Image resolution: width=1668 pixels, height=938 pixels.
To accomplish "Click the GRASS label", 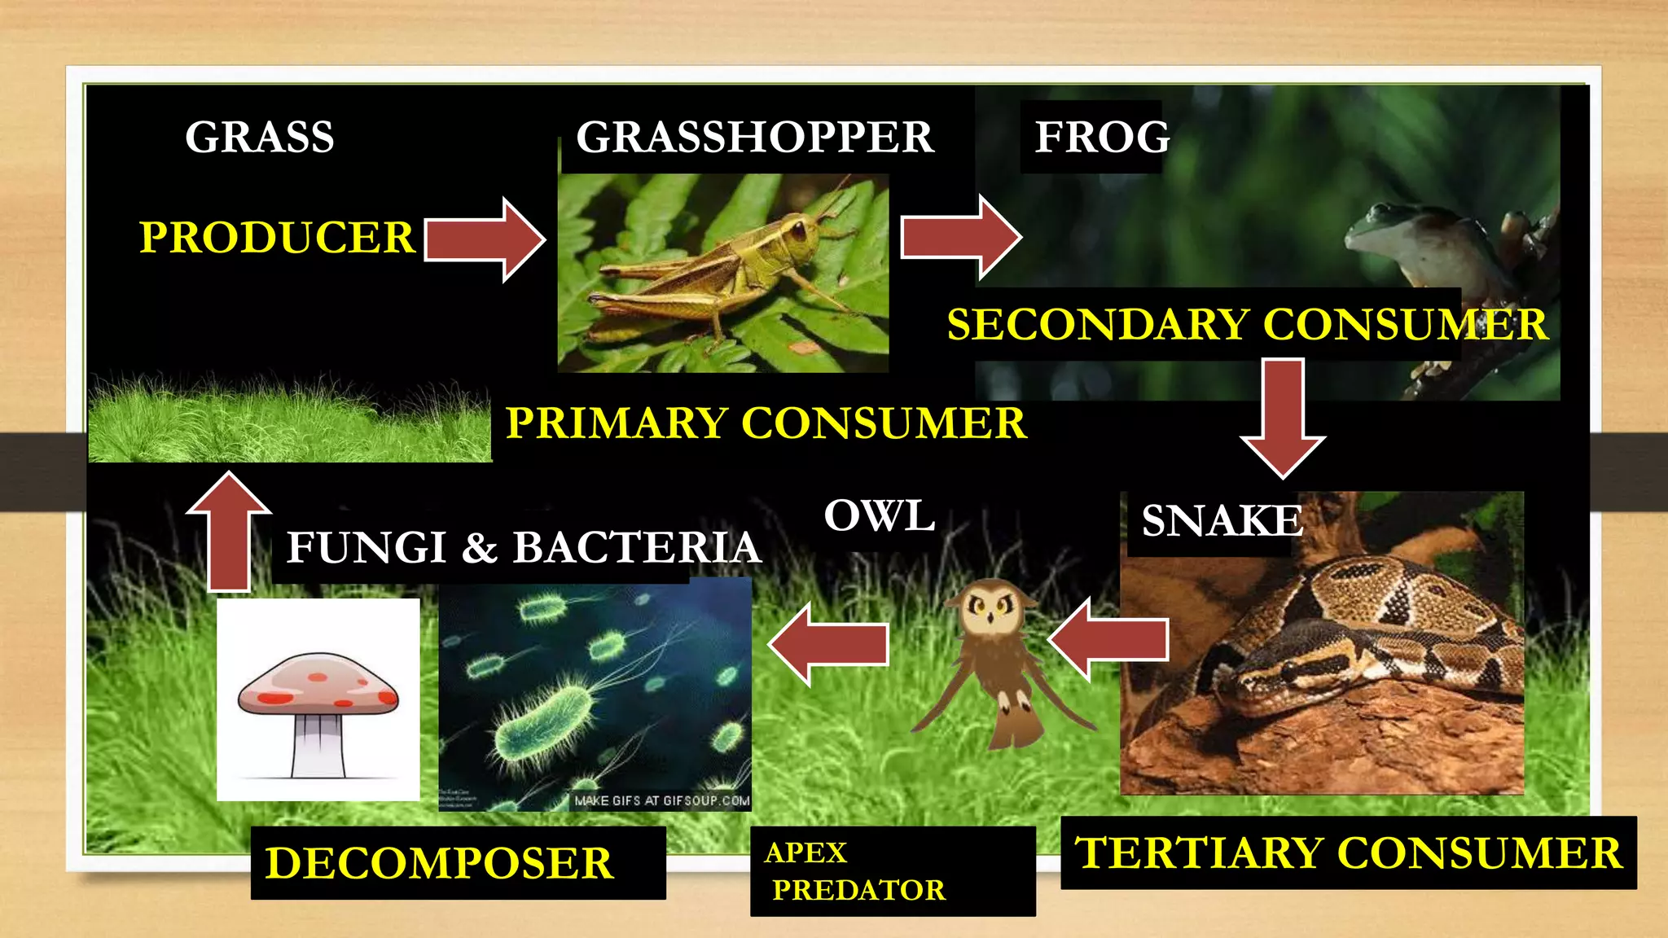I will pos(259,137).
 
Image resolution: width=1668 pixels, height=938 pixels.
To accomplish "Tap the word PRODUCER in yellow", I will pos(277,238).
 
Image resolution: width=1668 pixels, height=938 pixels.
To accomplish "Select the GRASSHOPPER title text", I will pos(754,137).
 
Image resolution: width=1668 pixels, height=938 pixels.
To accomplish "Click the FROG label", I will pos(1101,137).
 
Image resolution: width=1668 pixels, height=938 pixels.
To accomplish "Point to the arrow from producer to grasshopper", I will pos(484,239).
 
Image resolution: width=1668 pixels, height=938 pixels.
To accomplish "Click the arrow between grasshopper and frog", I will pos(959,237).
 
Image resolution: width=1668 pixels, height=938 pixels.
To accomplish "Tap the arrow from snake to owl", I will pos(1109,638).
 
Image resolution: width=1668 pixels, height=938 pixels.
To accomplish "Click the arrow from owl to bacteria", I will pos(829,643).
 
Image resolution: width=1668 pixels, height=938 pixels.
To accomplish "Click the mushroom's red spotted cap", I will pos(318,684).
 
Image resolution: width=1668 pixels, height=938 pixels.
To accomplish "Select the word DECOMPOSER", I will pos(439,863).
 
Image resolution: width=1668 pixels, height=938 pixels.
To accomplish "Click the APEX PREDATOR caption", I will pos(855,871).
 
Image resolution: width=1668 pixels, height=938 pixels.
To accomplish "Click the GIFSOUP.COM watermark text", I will pos(661,801).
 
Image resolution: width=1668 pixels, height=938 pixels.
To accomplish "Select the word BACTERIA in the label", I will pos(636,547).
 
